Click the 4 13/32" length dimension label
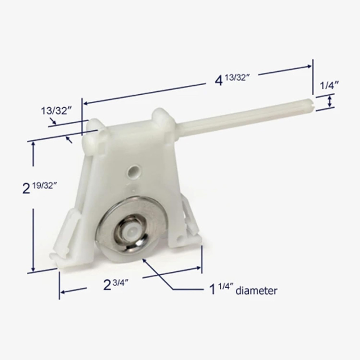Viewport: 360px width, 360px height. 232,80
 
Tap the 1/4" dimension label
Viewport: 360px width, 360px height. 329,86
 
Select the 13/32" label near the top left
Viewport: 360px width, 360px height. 57,111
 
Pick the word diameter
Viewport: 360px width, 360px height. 256,291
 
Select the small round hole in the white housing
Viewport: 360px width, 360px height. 134,171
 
